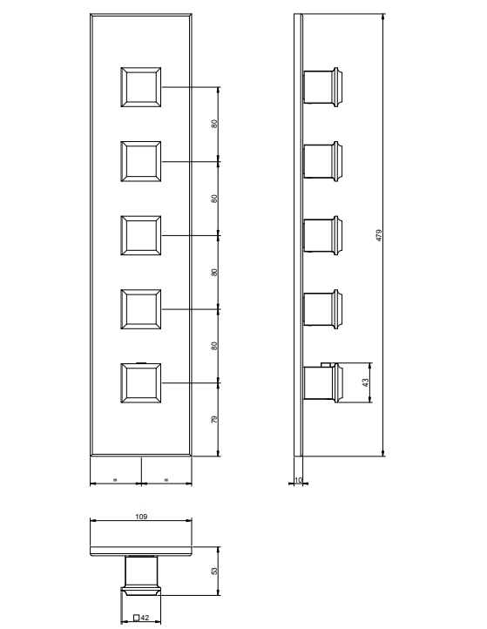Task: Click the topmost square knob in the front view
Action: [141, 87]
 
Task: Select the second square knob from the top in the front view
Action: [141, 161]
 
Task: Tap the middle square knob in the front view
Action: [141, 235]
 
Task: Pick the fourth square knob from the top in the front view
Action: [141, 309]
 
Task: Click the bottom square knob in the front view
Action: [141, 383]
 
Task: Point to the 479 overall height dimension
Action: [379, 235]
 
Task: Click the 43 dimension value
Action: [365, 382]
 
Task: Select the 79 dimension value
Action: [214, 419]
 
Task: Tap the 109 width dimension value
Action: [141, 517]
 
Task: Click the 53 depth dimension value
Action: [214, 571]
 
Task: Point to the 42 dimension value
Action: [145, 618]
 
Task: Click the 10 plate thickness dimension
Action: [298, 480]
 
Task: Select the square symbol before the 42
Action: [137, 618]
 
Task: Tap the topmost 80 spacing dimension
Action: [214, 124]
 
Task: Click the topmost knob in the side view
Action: [323, 87]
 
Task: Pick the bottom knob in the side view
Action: [323, 382]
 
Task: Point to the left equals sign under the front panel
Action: [115, 479]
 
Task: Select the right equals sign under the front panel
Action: [166, 479]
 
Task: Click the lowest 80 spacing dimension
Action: [214, 346]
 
